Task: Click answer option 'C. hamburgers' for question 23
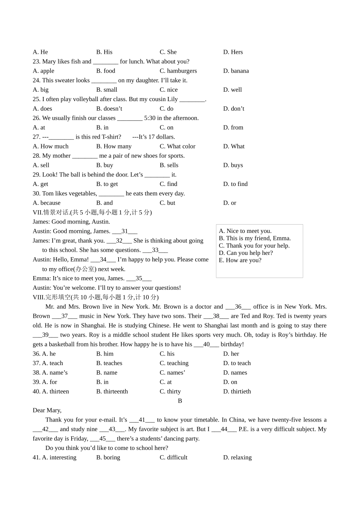pyautogui.click(x=178, y=71)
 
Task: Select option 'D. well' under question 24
pyautogui.click(x=232, y=90)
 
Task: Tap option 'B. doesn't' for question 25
pyautogui.click(x=109, y=109)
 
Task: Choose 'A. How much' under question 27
pyautogui.click(x=51, y=146)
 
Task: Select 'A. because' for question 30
pyautogui.click(x=47, y=203)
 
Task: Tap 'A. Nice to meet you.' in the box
pyautogui.click(x=245, y=231)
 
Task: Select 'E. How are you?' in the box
pyautogui.click(x=240, y=260)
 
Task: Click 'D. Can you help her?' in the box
pyautogui.click(x=246, y=253)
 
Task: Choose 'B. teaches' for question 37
pyautogui.click(x=109, y=363)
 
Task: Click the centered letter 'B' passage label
pyautogui.click(x=180, y=401)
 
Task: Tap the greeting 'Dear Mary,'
pyautogui.click(x=47, y=410)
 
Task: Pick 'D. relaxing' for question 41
pyautogui.click(x=237, y=457)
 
